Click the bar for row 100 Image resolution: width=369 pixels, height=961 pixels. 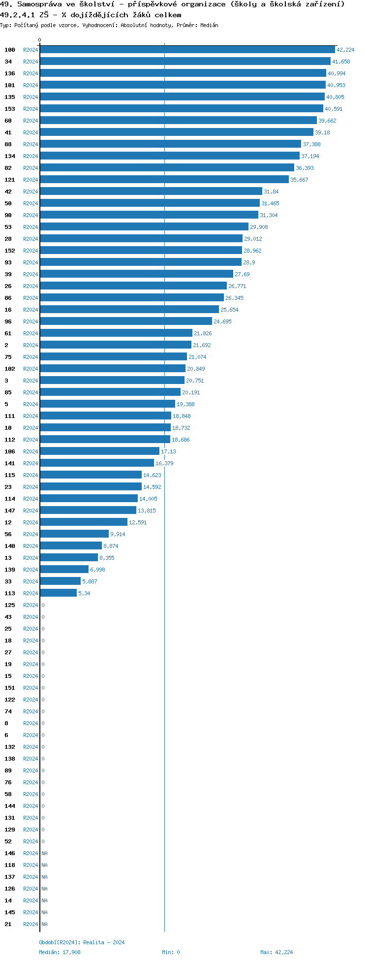[187, 50]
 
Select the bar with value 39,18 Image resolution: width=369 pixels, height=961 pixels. [176, 132]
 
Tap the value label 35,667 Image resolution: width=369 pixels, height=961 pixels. [299, 180]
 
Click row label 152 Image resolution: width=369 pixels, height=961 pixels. [10, 251]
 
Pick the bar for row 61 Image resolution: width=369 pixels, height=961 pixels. [116, 333]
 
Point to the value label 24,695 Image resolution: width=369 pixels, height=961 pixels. [222, 321]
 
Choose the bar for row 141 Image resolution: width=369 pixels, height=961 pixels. [96, 463]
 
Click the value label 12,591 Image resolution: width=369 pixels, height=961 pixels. [138, 522]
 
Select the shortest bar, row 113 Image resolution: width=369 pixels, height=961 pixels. [58, 593]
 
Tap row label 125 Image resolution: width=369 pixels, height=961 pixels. [10, 605]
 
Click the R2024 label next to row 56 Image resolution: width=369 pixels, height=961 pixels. [31, 534]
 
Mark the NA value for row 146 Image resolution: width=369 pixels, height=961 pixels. [44, 853]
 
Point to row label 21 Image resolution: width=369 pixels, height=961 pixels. [8, 924]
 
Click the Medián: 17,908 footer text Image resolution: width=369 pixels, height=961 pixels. [60, 952]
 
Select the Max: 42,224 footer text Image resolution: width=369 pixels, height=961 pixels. [277, 952]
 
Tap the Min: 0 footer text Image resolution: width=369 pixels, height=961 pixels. [171, 952]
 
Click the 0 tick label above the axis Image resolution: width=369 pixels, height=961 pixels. [40, 40]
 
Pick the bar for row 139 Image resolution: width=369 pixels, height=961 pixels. [64, 570]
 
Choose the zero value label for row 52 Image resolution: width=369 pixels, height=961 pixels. [43, 841]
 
